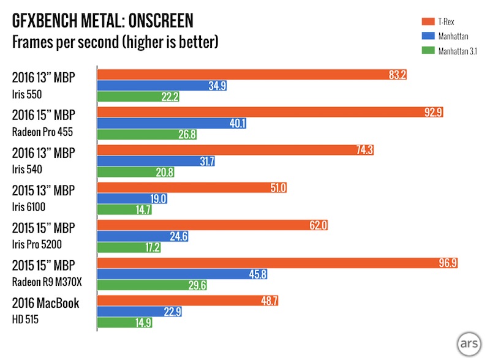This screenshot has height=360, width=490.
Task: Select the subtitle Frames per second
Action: click(115, 43)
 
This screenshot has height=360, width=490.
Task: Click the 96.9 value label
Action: click(447, 263)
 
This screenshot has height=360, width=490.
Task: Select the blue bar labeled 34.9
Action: click(162, 86)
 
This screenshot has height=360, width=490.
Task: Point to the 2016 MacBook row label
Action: click(45, 303)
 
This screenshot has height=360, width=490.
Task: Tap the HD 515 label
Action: click(26, 319)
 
